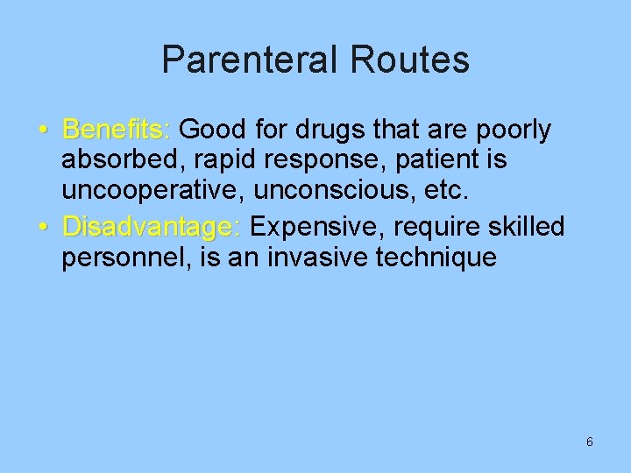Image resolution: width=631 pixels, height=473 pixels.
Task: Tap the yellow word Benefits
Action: [x=115, y=131]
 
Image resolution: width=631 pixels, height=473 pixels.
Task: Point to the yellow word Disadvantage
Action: [x=150, y=227]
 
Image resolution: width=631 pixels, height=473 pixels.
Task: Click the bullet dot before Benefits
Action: [x=44, y=131]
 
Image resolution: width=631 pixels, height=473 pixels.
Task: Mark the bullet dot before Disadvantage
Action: [x=44, y=228]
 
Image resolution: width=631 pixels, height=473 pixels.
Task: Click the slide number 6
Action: [x=589, y=441]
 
